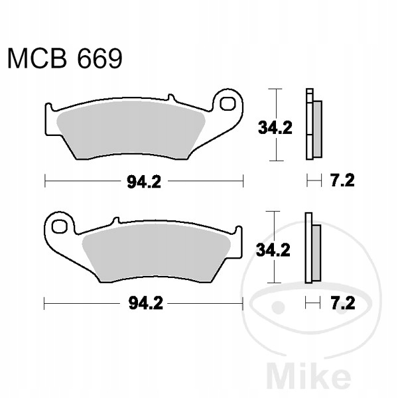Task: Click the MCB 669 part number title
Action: coord(65,59)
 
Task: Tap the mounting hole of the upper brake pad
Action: coord(228,103)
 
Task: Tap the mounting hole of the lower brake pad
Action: coord(60,226)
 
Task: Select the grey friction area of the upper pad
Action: coord(131,130)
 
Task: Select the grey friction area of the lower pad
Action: coord(157,253)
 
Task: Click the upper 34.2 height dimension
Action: coord(275,127)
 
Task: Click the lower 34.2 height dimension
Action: coord(273,250)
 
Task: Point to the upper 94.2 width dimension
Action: coord(144,182)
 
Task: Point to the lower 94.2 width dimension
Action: coord(146,303)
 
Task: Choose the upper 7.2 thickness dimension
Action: coord(342,180)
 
